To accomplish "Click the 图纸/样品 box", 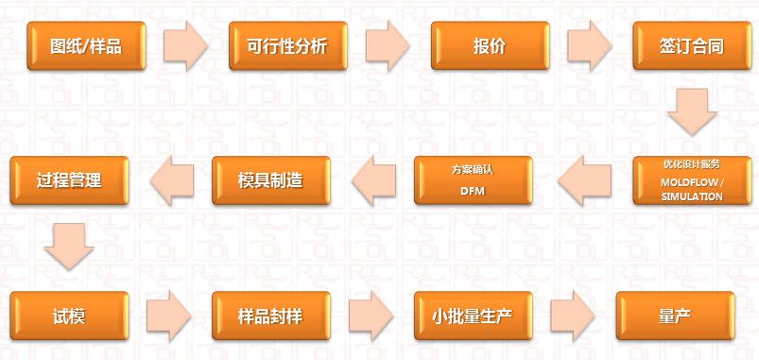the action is pos(86,44).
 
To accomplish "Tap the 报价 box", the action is pos(490,44).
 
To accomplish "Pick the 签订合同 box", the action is pos(691,44).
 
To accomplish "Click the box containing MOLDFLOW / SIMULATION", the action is pos(691,180).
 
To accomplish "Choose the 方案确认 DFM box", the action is pos(474,180).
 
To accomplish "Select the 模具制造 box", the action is pos(271,180).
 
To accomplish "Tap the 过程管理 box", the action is pos(69,180).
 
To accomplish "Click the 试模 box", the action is pos(69,316).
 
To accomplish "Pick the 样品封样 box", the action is pos(271,316).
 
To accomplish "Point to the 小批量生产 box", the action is pos(474,316).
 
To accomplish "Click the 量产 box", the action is pos(675,316).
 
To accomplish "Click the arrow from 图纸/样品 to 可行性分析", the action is pos(186,44).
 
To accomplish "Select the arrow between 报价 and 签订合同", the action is pos(590,44).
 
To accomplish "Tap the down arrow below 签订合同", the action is pos(691,111).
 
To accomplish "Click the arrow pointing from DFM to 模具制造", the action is pos(373,180).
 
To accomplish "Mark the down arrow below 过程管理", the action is pos(69,247).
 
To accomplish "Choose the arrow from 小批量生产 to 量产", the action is pos(574,316).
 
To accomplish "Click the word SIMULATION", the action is pos(692,197).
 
